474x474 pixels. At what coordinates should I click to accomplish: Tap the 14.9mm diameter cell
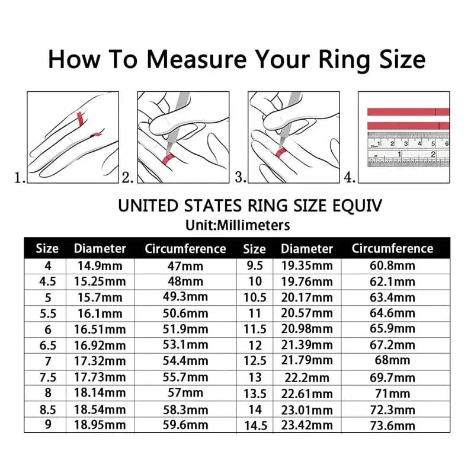point(100,265)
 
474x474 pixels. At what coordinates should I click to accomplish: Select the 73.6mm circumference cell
point(392,425)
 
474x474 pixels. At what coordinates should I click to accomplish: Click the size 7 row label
point(47,361)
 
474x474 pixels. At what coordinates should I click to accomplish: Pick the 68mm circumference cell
point(392,361)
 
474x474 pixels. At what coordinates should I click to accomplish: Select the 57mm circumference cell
point(185,393)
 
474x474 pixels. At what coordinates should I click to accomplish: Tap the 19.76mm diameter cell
point(306,281)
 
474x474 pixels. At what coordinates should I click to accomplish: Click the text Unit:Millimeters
point(236,225)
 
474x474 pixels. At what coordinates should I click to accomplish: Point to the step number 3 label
point(241,177)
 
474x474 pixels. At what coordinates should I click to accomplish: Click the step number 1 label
point(20,177)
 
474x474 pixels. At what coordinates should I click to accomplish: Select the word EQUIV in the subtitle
point(352,206)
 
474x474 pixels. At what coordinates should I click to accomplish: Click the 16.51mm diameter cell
point(100,329)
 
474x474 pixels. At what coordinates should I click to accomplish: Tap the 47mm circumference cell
point(185,265)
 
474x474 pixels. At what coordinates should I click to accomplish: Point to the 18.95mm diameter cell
point(100,425)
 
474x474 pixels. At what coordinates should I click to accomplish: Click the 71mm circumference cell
point(392,393)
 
